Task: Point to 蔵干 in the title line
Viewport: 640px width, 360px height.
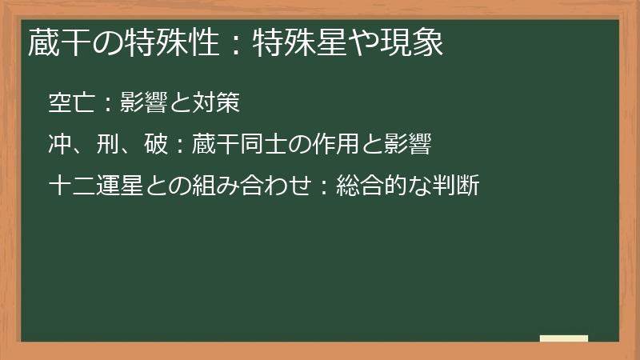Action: coord(54,42)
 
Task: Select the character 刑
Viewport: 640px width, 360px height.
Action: coord(106,145)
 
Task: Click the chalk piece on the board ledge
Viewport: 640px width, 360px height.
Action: coord(563,338)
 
